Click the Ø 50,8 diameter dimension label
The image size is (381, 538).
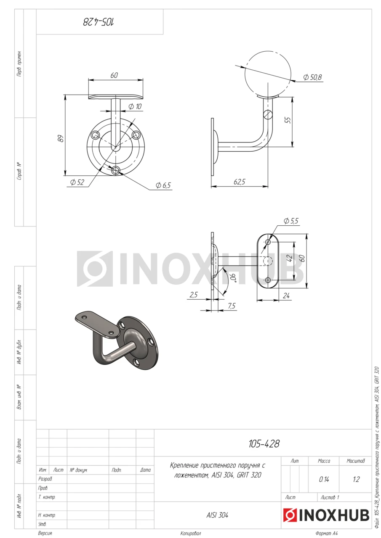click(312, 77)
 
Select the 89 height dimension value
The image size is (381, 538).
click(61, 138)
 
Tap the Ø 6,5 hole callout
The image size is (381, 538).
click(163, 185)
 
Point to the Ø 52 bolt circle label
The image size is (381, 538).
click(77, 182)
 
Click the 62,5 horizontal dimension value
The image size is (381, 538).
click(239, 182)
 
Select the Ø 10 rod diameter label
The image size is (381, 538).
click(135, 106)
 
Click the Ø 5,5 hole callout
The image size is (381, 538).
click(291, 221)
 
